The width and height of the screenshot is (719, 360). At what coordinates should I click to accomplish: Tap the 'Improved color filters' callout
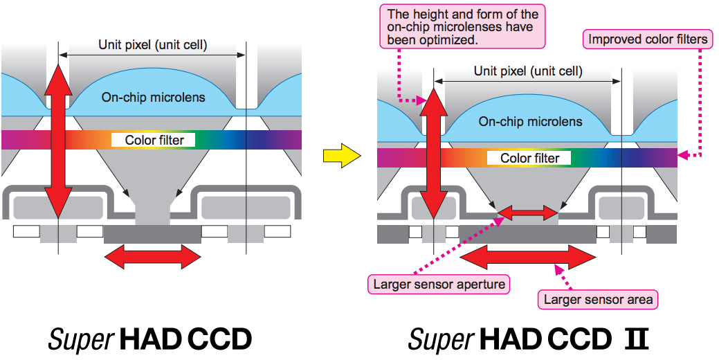click(x=648, y=39)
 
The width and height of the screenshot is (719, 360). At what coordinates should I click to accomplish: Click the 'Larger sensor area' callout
click(x=598, y=300)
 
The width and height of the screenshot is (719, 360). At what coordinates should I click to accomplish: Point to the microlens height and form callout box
click(x=463, y=27)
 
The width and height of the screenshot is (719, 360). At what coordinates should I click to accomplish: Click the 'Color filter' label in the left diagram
click(x=154, y=140)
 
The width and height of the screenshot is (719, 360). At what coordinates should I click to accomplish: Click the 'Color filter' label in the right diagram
click(x=529, y=158)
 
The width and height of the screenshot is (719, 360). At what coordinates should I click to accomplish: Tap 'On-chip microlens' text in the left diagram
click(x=154, y=97)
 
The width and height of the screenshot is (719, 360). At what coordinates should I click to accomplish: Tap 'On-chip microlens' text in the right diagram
click(x=530, y=121)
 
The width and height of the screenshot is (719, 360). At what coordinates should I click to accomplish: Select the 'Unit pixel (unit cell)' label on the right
click(x=528, y=71)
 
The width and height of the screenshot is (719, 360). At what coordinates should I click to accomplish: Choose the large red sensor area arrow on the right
click(x=528, y=258)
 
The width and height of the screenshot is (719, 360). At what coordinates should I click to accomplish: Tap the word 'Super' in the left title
click(x=80, y=340)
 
